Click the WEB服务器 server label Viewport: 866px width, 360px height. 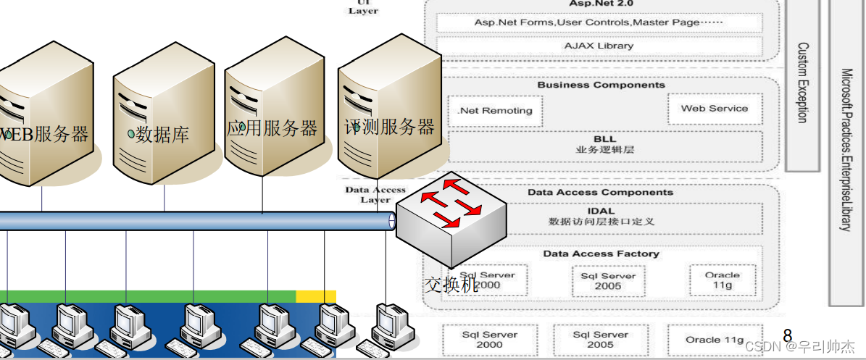tap(45, 134)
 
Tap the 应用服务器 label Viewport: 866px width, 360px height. tap(272, 129)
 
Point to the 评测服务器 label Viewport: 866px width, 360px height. tap(389, 127)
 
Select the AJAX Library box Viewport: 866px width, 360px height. tap(599, 46)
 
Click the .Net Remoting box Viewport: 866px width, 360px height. tap(495, 111)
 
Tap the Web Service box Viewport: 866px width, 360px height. tap(714, 109)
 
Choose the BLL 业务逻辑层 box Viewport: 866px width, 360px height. tap(605, 145)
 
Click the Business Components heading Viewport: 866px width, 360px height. tap(601, 85)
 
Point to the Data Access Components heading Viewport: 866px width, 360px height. tap(600, 193)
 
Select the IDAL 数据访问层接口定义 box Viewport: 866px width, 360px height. tap(601, 217)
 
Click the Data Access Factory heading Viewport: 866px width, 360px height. tap(601, 254)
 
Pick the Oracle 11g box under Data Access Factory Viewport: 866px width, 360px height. tap(722, 280)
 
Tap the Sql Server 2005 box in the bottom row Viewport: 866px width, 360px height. tap(599, 340)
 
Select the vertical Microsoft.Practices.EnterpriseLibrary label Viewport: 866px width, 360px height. tap(846, 149)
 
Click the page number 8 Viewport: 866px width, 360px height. tap(788, 335)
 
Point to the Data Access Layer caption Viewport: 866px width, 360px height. tap(375, 195)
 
